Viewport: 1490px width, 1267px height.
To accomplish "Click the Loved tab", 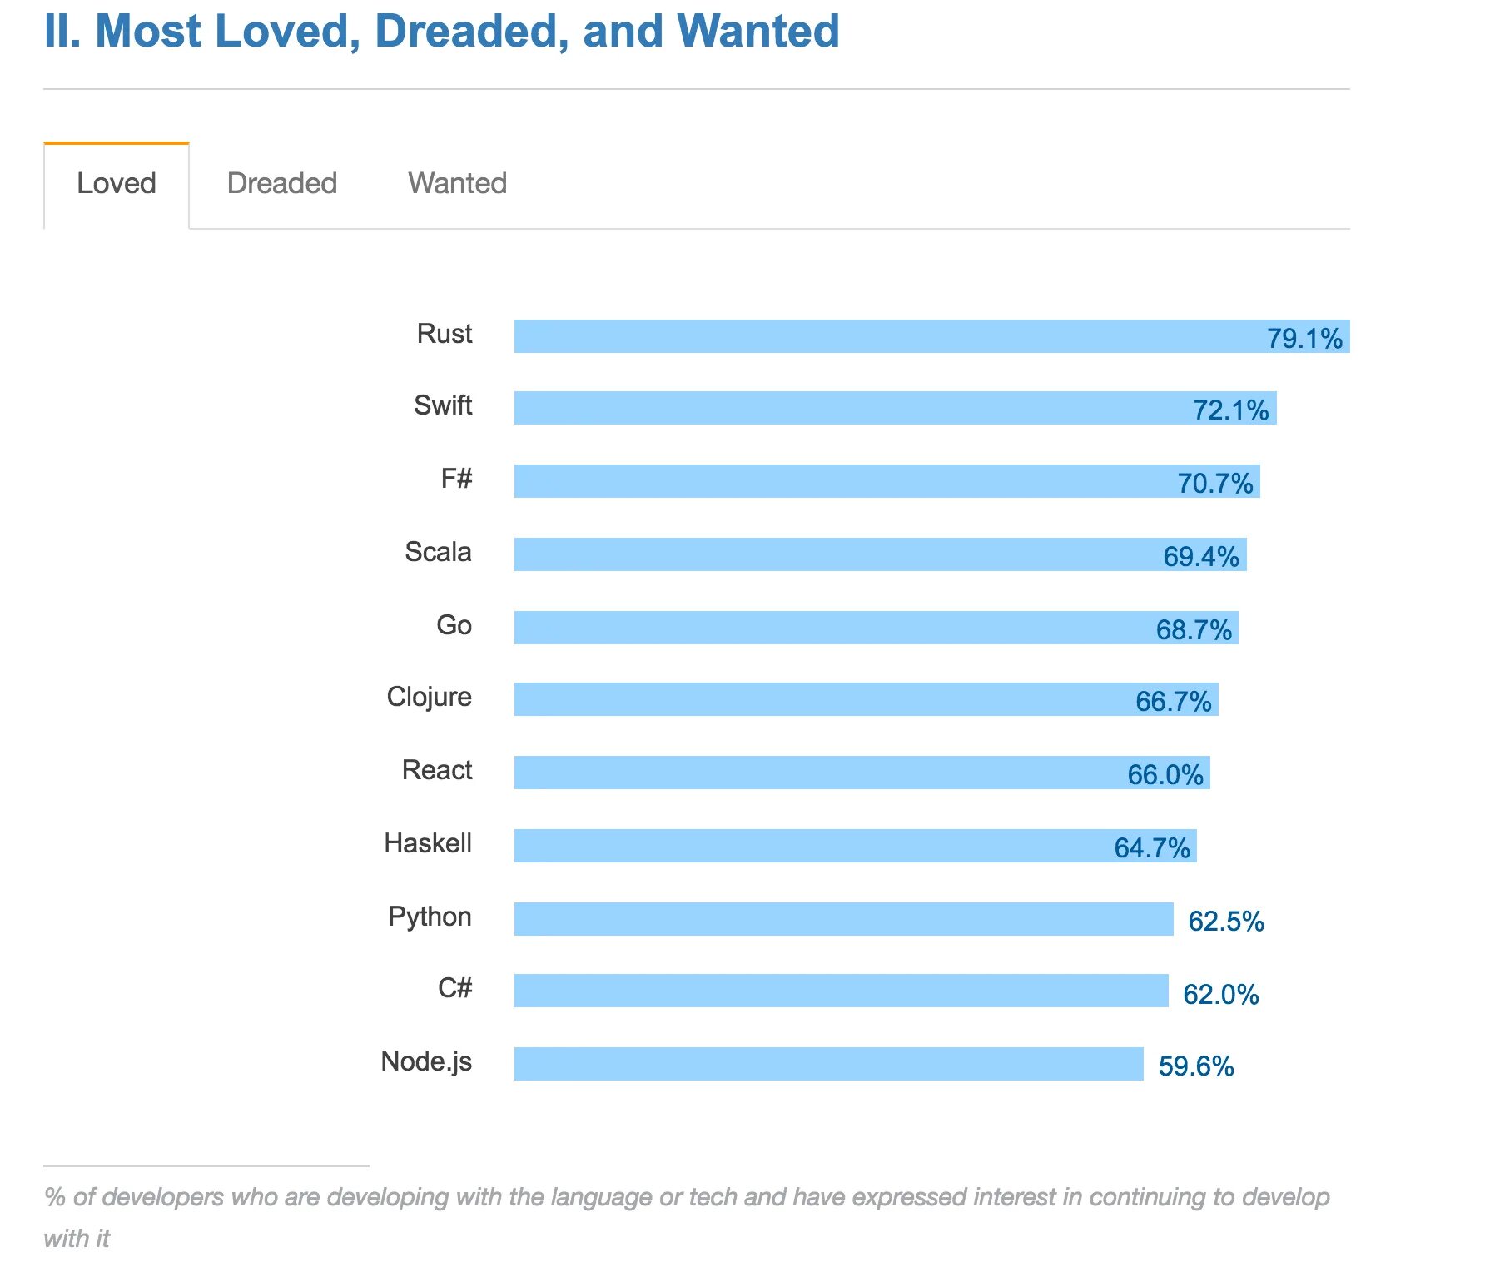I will [x=117, y=184].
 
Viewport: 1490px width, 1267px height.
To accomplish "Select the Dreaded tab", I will [x=282, y=184].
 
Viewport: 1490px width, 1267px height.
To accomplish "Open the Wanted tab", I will [x=457, y=184].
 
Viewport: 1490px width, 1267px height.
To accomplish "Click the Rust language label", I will [x=445, y=335].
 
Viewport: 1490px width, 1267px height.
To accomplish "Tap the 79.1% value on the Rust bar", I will [x=1304, y=339].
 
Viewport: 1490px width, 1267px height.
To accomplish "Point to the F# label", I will [x=456, y=479].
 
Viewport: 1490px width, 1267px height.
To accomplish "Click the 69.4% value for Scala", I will [x=1200, y=557].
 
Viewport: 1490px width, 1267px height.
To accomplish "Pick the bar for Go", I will [x=832, y=628].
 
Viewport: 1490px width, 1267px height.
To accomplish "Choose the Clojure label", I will [x=429, y=698].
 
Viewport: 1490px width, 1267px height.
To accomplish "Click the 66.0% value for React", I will [x=1165, y=775].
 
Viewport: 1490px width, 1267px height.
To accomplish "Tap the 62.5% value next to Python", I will [x=1225, y=922].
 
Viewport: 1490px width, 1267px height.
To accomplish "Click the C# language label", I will [x=454, y=989].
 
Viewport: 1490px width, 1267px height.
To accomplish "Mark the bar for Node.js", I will [x=828, y=1064].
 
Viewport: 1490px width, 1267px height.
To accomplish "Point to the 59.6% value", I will [x=1195, y=1066].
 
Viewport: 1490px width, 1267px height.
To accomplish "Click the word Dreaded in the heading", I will [x=471, y=32].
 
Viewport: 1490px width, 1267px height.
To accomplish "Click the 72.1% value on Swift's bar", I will [x=1230, y=410].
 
